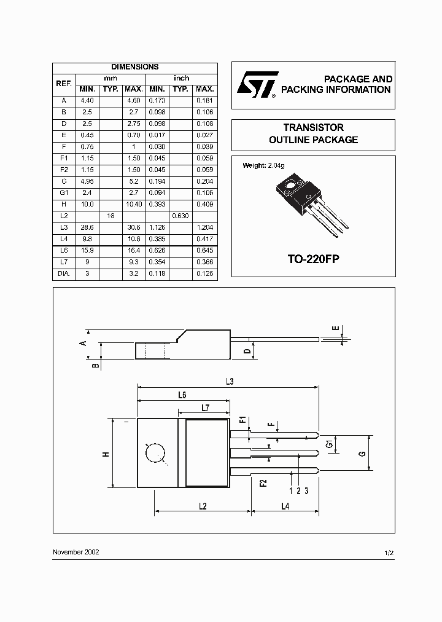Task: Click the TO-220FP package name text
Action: pos(313,259)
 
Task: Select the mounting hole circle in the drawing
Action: pos(155,454)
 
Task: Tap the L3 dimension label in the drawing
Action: pos(229,382)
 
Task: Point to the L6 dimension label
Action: pos(182,395)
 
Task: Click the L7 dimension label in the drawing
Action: pos(206,408)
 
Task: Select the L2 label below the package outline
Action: pos(202,505)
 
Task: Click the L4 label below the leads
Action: pos(285,505)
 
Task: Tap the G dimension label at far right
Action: pos(362,454)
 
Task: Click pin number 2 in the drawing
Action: pos(298,490)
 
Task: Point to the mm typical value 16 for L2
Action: pos(110,216)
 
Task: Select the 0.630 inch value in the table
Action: pos(180,216)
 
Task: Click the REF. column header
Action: pos(64,83)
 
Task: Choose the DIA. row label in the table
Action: pos(64,274)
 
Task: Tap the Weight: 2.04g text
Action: pos(264,165)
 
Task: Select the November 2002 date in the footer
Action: pos(76,552)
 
